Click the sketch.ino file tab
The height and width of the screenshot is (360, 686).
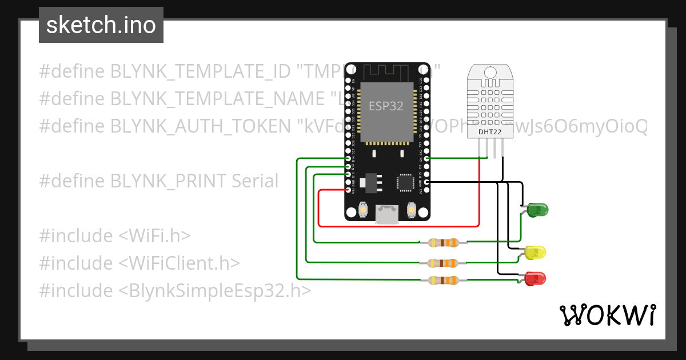coord(101,25)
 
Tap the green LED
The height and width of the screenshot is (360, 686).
coord(538,210)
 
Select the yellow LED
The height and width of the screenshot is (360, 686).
coord(535,252)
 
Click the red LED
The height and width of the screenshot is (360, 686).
coord(535,279)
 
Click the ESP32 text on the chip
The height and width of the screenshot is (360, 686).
coord(386,106)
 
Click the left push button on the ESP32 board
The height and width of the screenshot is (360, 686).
coord(363,211)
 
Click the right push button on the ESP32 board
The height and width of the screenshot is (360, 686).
coord(410,211)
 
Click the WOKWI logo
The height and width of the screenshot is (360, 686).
coord(607,315)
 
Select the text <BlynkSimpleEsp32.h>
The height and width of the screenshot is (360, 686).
coord(215,291)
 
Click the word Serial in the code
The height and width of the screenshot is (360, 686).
coord(255,182)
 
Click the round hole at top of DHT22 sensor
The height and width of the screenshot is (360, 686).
coord(490,72)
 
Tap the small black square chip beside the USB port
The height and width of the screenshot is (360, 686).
coord(405,182)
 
